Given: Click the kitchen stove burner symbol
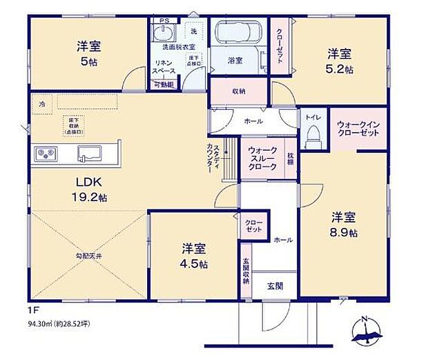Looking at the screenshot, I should coord(45,153).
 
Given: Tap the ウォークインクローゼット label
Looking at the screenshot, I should coord(358,129).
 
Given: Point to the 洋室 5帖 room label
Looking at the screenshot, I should coord(89,54).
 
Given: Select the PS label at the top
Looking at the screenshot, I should coord(164,21).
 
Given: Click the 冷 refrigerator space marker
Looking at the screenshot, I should coord(42,104).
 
